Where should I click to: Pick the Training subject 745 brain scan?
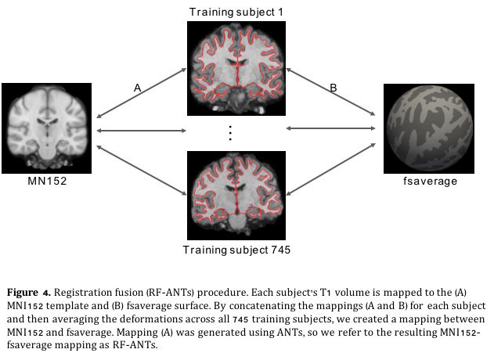coord(230,194)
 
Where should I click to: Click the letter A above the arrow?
coord(137,89)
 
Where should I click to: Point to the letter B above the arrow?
coord(333,89)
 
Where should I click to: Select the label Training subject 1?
coord(230,11)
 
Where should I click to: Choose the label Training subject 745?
coord(230,250)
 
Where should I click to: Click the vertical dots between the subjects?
coord(230,132)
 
